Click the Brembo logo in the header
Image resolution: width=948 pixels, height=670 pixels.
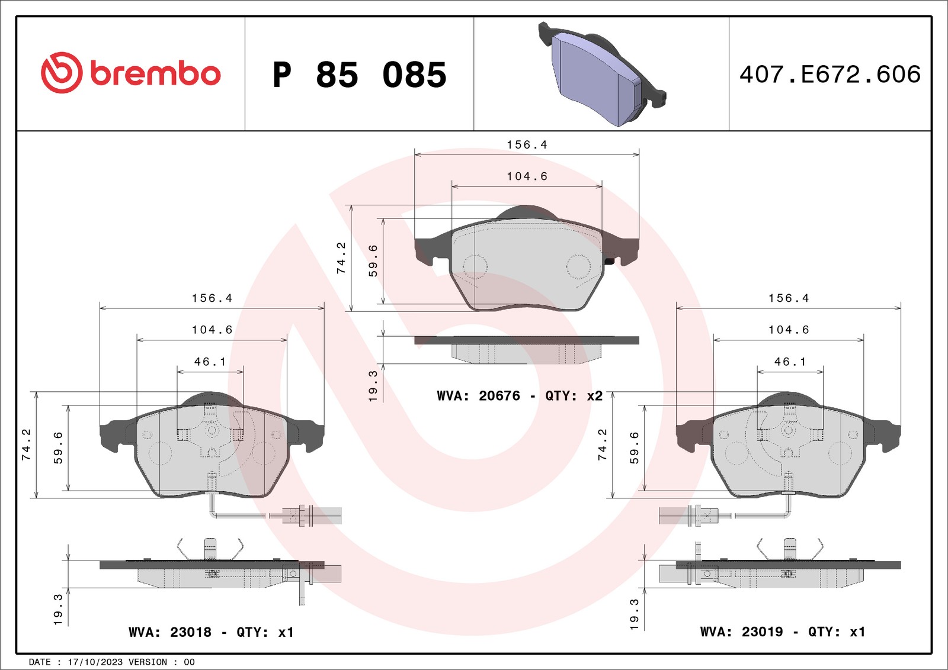click(130, 73)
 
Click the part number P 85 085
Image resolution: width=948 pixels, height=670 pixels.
click(359, 75)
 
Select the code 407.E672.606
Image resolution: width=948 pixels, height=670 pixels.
click(829, 75)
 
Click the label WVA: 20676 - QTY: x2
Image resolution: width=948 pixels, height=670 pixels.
click(519, 396)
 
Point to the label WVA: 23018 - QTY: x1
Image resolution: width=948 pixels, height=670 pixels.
click(211, 632)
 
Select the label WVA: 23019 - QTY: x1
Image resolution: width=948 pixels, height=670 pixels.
click(782, 632)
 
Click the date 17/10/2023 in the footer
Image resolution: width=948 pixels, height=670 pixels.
click(95, 662)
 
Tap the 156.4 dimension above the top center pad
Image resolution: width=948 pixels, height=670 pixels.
click(527, 145)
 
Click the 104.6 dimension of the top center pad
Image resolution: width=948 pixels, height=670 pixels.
click(527, 176)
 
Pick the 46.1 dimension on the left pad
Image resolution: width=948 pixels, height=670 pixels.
click(210, 362)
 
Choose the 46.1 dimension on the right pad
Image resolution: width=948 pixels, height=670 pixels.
click(790, 362)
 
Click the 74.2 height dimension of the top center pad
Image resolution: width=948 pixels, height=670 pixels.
click(341, 258)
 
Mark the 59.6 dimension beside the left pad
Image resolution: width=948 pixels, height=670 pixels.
click(58, 447)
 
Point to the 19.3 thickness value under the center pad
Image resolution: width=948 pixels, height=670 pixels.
click(373, 386)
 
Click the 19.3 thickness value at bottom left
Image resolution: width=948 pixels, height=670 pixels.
click(58, 610)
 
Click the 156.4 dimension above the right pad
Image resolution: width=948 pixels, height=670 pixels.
click(788, 298)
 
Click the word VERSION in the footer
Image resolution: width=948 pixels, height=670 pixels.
click(148, 662)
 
